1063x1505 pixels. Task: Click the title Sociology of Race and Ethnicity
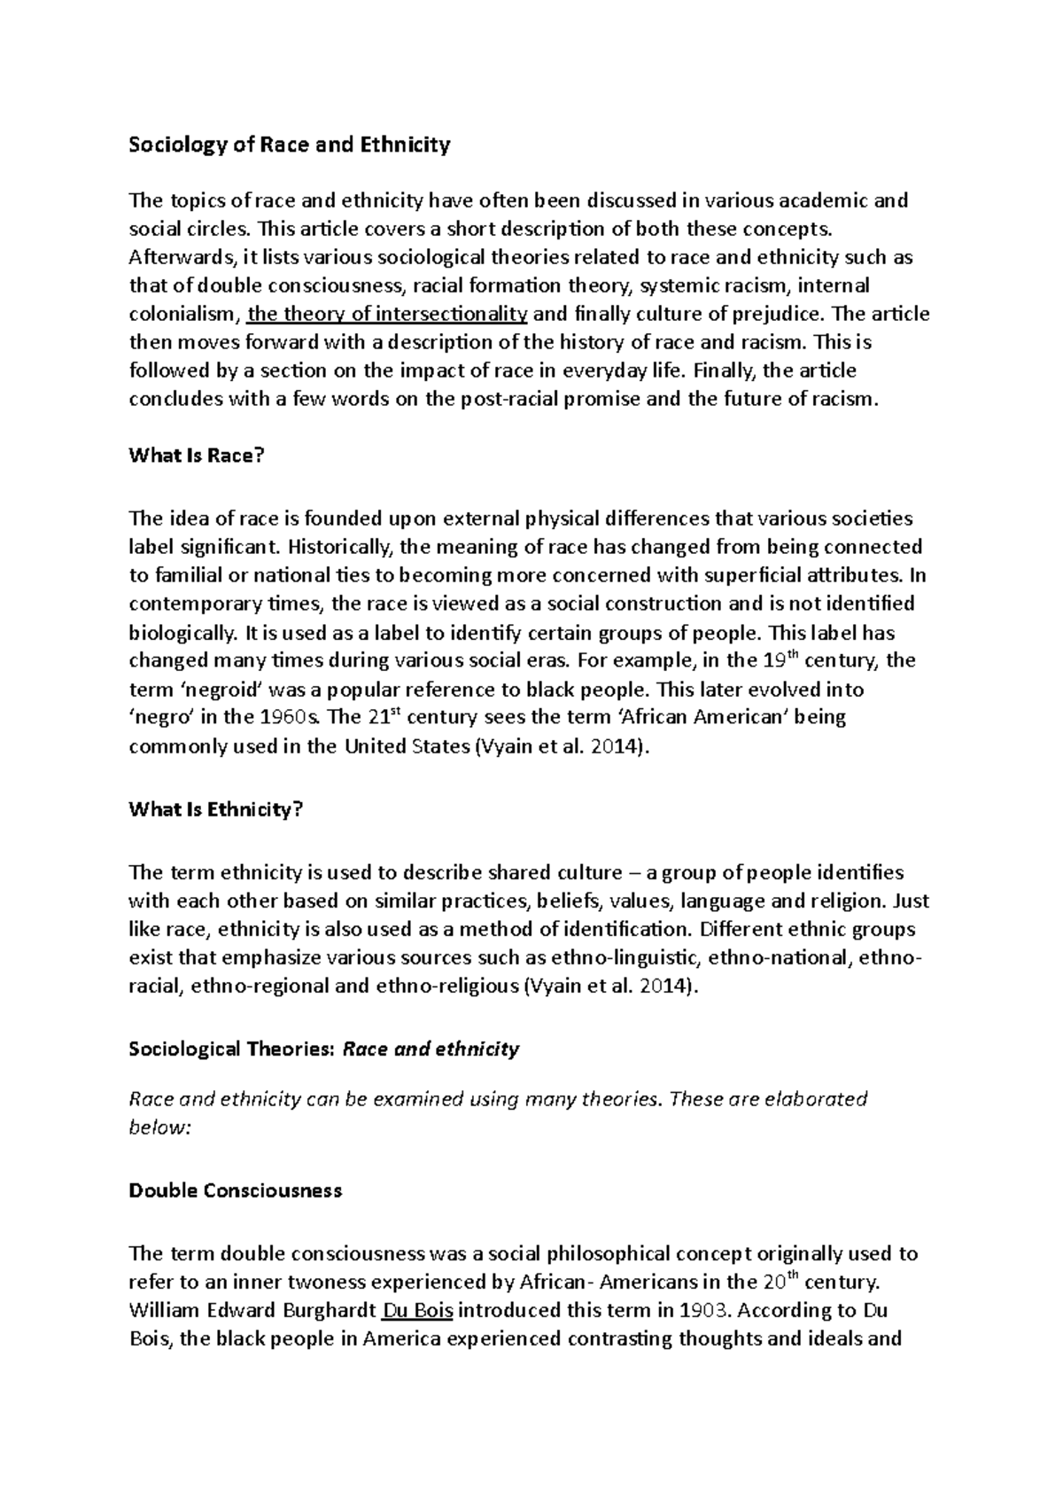pyautogui.click(x=290, y=144)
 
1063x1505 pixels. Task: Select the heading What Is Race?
pyautogui.click(x=197, y=456)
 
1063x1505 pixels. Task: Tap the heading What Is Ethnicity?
pyautogui.click(x=216, y=809)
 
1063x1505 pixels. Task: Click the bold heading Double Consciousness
pyautogui.click(x=235, y=1190)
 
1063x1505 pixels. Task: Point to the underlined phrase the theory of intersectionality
pyautogui.click(x=388, y=314)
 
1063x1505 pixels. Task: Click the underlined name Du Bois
pyautogui.click(x=415, y=1310)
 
